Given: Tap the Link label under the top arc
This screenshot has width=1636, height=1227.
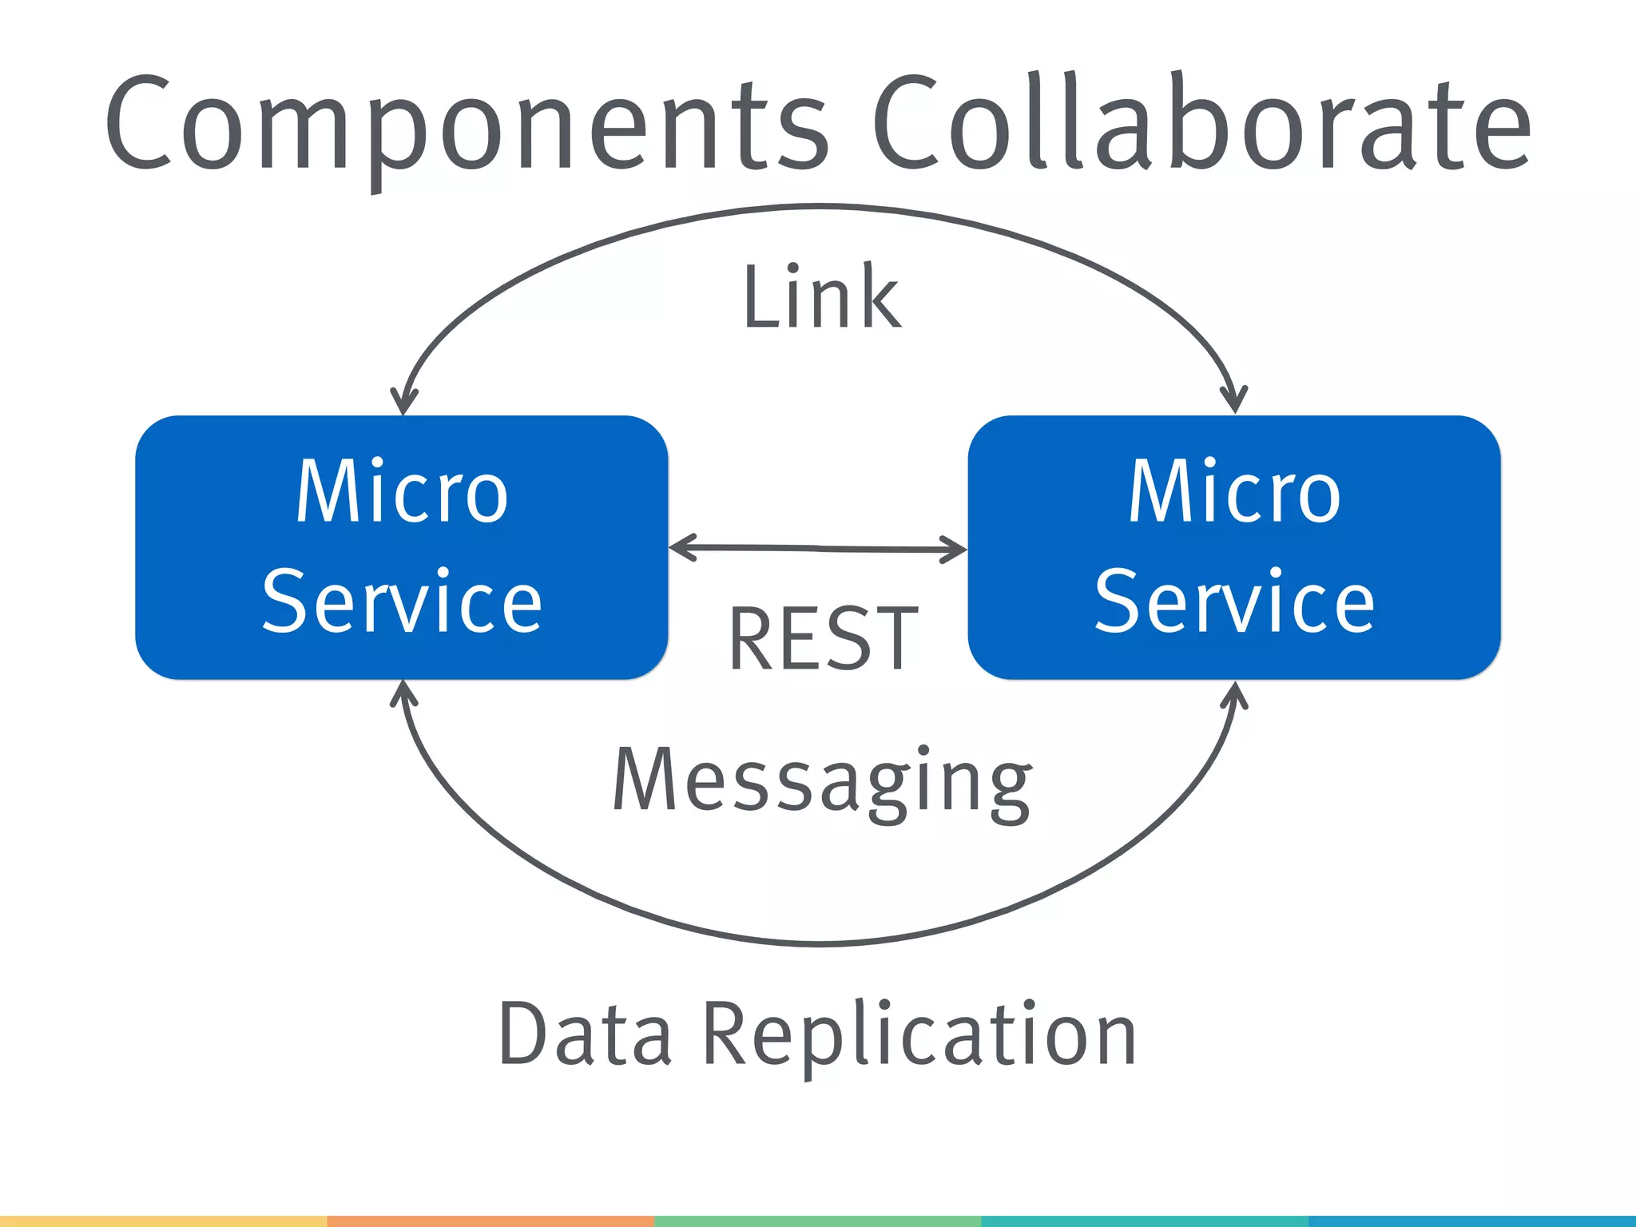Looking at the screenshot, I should [x=821, y=297].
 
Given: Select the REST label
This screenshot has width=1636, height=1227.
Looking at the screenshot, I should [x=823, y=639].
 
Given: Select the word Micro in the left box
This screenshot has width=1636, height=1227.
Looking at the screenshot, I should [x=402, y=492].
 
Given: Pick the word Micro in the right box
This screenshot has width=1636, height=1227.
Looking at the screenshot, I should [x=1234, y=492].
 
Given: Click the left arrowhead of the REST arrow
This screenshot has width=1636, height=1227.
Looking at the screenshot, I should [x=679, y=548].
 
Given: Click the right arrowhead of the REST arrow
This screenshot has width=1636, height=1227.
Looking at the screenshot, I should [x=956, y=550].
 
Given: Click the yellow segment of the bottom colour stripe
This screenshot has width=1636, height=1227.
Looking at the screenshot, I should [x=164, y=1221].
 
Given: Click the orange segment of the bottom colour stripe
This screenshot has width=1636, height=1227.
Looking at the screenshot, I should [x=490, y=1221].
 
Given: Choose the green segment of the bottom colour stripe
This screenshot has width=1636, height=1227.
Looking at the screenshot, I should [x=818, y=1221].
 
